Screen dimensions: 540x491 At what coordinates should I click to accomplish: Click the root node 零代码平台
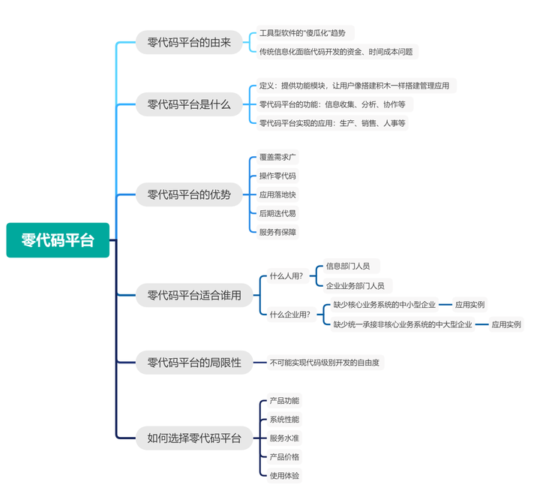tap(58, 240)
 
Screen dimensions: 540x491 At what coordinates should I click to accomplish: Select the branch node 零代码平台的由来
tap(189, 42)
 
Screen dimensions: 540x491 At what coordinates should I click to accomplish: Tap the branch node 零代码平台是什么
tap(189, 104)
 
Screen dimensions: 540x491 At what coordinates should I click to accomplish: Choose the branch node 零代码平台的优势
tap(189, 194)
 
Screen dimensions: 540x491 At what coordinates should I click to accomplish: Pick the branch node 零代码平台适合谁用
tap(194, 295)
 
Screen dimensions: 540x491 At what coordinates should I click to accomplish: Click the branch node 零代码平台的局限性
tap(194, 363)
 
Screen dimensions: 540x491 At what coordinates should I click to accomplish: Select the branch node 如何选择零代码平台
tap(194, 438)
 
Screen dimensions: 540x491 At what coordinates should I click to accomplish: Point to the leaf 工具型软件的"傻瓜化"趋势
tap(305, 33)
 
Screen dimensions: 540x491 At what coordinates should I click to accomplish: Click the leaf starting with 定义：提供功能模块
tap(356, 86)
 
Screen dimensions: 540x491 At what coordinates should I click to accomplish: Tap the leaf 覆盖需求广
tap(277, 157)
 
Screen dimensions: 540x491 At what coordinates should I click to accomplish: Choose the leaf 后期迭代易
tap(277, 213)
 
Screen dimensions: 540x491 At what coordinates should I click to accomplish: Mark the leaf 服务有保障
tap(277, 232)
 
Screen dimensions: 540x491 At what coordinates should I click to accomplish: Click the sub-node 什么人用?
tap(286, 276)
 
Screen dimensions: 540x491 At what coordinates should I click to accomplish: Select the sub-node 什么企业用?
tap(290, 315)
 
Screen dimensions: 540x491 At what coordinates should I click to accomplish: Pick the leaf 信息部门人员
tap(352, 266)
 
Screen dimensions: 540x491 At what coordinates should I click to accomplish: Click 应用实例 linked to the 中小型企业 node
tap(470, 305)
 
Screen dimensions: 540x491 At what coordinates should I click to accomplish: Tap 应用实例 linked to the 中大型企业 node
tap(506, 324)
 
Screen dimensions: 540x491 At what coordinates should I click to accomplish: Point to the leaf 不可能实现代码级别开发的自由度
tap(325, 363)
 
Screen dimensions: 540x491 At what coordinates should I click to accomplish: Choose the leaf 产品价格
tap(284, 457)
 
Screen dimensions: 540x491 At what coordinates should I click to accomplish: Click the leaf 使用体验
tap(284, 475)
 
